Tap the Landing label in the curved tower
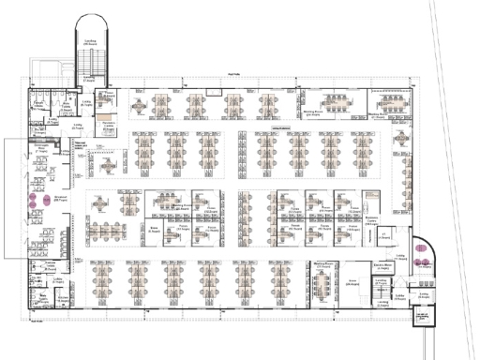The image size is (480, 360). (x=90, y=42)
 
